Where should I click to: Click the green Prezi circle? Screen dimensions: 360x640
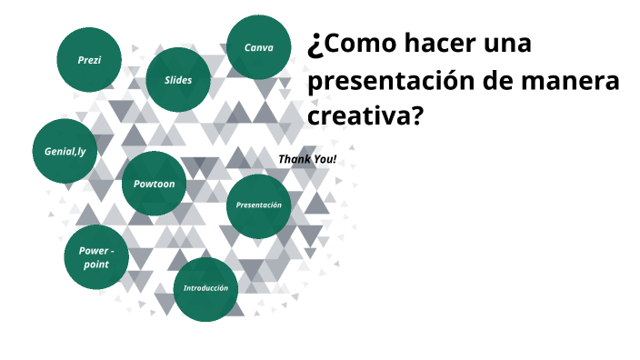[89, 60]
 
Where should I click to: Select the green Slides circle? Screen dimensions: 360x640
[178, 80]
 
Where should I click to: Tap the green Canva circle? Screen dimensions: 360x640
[259, 47]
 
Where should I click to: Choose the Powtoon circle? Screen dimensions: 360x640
[155, 184]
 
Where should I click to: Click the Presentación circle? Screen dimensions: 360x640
[258, 205]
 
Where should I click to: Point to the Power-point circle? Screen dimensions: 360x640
[96, 256]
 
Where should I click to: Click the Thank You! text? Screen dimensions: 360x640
[307, 159]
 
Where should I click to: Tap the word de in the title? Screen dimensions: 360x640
[502, 81]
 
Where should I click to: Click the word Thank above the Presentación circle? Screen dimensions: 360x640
[294, 159]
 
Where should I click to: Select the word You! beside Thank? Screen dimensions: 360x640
[325, 159]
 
